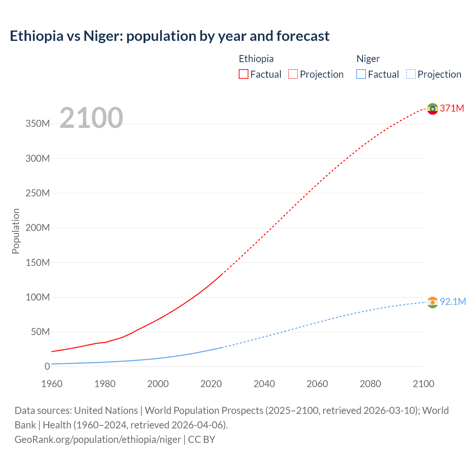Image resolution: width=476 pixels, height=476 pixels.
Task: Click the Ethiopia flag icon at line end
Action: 432,109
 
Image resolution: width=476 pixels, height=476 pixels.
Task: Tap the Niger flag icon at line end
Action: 432,302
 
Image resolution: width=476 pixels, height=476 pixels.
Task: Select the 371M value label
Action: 452,108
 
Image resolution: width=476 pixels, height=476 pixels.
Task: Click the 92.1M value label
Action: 453,302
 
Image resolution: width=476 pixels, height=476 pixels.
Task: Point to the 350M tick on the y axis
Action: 38,124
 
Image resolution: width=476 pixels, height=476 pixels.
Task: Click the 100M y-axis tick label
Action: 38,297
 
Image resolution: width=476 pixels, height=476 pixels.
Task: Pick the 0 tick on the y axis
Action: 47,366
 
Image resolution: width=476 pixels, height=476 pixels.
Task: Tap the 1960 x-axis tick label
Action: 52,384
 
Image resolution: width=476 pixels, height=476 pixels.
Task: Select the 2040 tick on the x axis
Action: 264,384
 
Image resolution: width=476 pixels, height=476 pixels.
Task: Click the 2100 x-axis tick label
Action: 423,384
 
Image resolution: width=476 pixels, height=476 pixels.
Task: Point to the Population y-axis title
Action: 16,231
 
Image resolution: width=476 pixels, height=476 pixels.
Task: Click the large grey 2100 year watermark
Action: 91,118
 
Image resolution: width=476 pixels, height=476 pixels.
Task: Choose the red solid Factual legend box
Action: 244,74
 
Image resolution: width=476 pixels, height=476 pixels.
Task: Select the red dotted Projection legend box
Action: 293,74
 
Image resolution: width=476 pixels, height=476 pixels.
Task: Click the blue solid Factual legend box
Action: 361,74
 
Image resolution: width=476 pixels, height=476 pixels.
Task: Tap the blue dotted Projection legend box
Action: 411,74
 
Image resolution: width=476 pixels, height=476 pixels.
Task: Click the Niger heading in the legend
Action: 368,59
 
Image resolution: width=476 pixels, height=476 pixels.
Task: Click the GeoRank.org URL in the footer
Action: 98,440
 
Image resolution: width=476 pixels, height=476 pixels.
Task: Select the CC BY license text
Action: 202,440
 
